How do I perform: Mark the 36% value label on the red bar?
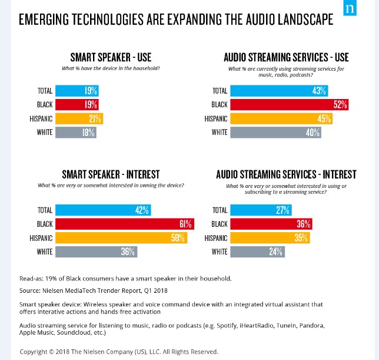302,224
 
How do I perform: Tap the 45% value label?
324,118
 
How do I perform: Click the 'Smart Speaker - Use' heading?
111,57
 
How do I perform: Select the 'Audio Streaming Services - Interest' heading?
286,174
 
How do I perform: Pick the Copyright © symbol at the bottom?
54,352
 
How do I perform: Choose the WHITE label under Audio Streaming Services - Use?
220,132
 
